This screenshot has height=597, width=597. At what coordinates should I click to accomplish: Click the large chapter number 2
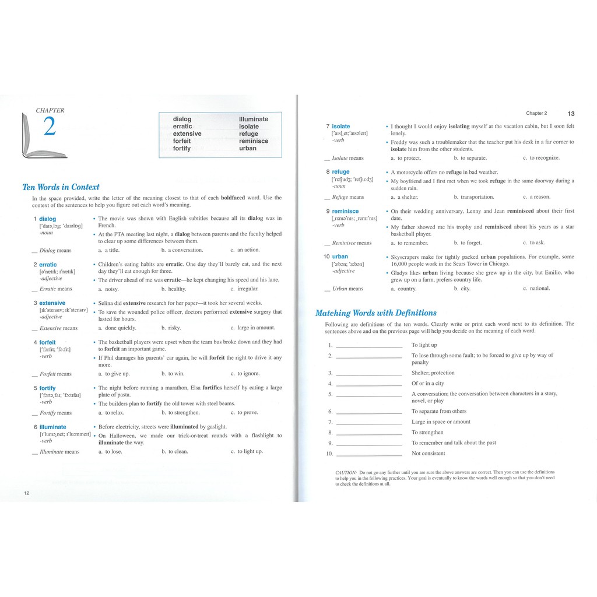click(x=50, y=127)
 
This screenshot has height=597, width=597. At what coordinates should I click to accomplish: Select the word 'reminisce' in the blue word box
click(x=254, y=141)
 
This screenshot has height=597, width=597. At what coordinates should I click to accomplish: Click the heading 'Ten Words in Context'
click(x=61, y=187)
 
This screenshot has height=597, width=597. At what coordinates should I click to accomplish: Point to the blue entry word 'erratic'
click(x=48, y=265)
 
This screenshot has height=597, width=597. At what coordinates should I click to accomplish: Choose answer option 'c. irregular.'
click(x=244, y=289)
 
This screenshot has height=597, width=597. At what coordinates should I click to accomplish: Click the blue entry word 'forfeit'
click(x=47, y=342)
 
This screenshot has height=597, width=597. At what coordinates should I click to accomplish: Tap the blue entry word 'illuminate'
click(x=52, y=427)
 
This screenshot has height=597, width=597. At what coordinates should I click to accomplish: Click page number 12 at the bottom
click(x=27, y=493)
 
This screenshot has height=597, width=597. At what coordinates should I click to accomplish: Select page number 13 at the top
click(x=570, y=114)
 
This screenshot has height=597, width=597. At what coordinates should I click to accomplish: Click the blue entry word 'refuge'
click(x=340, y=172)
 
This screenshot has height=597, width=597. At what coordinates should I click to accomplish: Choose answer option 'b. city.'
click(x=462, y=289)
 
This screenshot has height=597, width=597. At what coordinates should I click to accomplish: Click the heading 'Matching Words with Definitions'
click(x=375, y=313)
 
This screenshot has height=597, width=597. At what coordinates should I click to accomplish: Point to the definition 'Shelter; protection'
click(x=433, y=373)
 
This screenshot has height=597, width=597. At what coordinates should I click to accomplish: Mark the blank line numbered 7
click(x=369, y=423)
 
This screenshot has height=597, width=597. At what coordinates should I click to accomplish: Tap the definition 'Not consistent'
click(x=428, y=454)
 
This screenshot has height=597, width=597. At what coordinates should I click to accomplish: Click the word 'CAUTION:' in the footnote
click(x=346, y=472)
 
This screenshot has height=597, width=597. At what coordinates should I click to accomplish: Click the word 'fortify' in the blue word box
click(x=182, y=149)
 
